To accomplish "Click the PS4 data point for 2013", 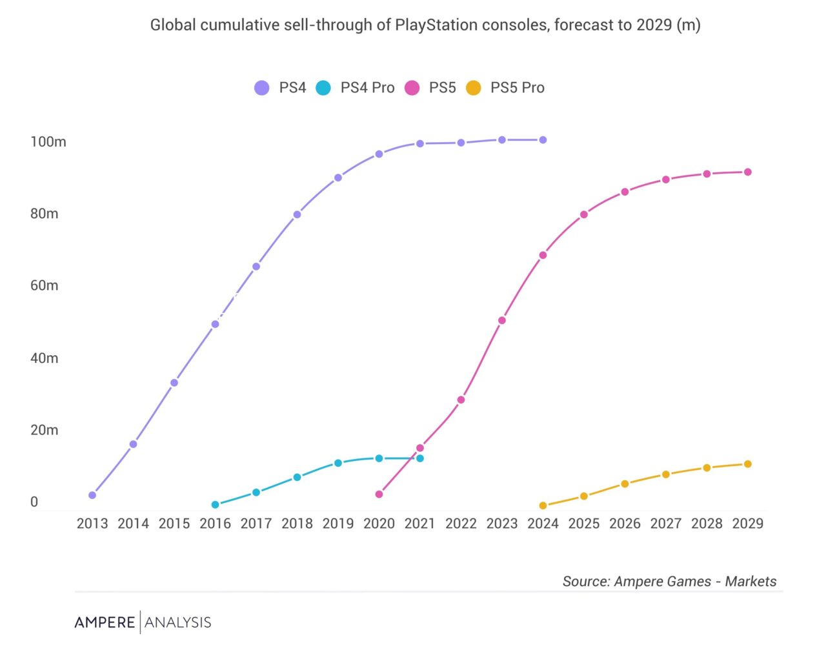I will pos(92,495).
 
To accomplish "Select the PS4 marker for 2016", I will pos(216,324).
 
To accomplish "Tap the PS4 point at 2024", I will pos(543,140).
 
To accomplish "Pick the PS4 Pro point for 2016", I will pos(216,505).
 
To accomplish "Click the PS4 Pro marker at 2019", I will pos(338,463).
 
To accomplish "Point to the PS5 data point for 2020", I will pos(379,495).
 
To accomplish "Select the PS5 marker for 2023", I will pos(502,321).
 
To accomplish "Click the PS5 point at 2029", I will pos(748,172).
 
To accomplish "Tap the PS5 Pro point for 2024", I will pos(543,506).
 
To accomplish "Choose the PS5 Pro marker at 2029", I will pos(748,464).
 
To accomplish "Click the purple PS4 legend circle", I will pos(261,88).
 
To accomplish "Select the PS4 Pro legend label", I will pos(367,88).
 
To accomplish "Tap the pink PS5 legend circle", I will pos(412,88).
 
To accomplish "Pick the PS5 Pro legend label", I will pos(517,88).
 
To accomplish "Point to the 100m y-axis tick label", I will pos(48,142).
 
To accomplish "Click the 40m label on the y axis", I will pos(44,358).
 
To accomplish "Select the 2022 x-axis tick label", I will pos(461,524).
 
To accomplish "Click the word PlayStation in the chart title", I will pos(436,25).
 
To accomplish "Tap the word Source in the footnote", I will pos(585,581).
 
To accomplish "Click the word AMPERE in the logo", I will pos(105,622).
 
